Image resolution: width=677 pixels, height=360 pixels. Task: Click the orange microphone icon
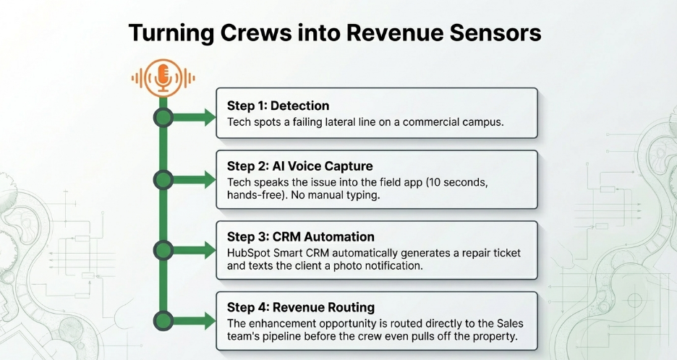point(163,78)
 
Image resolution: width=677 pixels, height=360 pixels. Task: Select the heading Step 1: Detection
point(278,106)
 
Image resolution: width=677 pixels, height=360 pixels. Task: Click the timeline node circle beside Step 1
point(163,118)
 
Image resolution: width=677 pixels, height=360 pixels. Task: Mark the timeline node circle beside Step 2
point(163,179)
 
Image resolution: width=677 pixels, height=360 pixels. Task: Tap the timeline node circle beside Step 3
point(163,250)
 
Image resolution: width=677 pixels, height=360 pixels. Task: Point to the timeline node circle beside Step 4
point(163,320)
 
